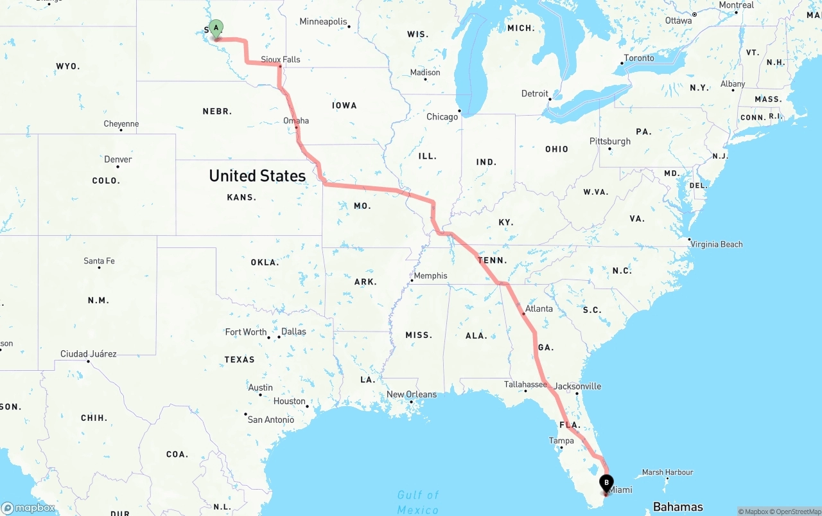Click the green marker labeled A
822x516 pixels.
point(216,28)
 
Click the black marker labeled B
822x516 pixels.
point(606,483)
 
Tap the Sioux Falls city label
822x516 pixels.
point(281,59)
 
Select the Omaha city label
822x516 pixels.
point(296,120)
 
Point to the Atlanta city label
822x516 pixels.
point(539,308)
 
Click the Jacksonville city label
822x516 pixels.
point(577,386)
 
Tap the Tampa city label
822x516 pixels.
point(561,440)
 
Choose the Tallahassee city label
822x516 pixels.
point(525,384)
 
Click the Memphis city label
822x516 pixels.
point(430,276)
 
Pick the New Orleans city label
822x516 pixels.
point(411,395)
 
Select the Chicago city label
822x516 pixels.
point(442,116)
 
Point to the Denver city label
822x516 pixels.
point(118,159)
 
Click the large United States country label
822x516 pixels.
point(258,175)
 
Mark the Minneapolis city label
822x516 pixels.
point(323,22)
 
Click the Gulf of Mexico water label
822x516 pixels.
point(418,502)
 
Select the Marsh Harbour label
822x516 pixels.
point(668,472)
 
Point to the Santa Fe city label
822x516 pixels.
point(99,261)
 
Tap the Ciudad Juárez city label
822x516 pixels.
point(89,354)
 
